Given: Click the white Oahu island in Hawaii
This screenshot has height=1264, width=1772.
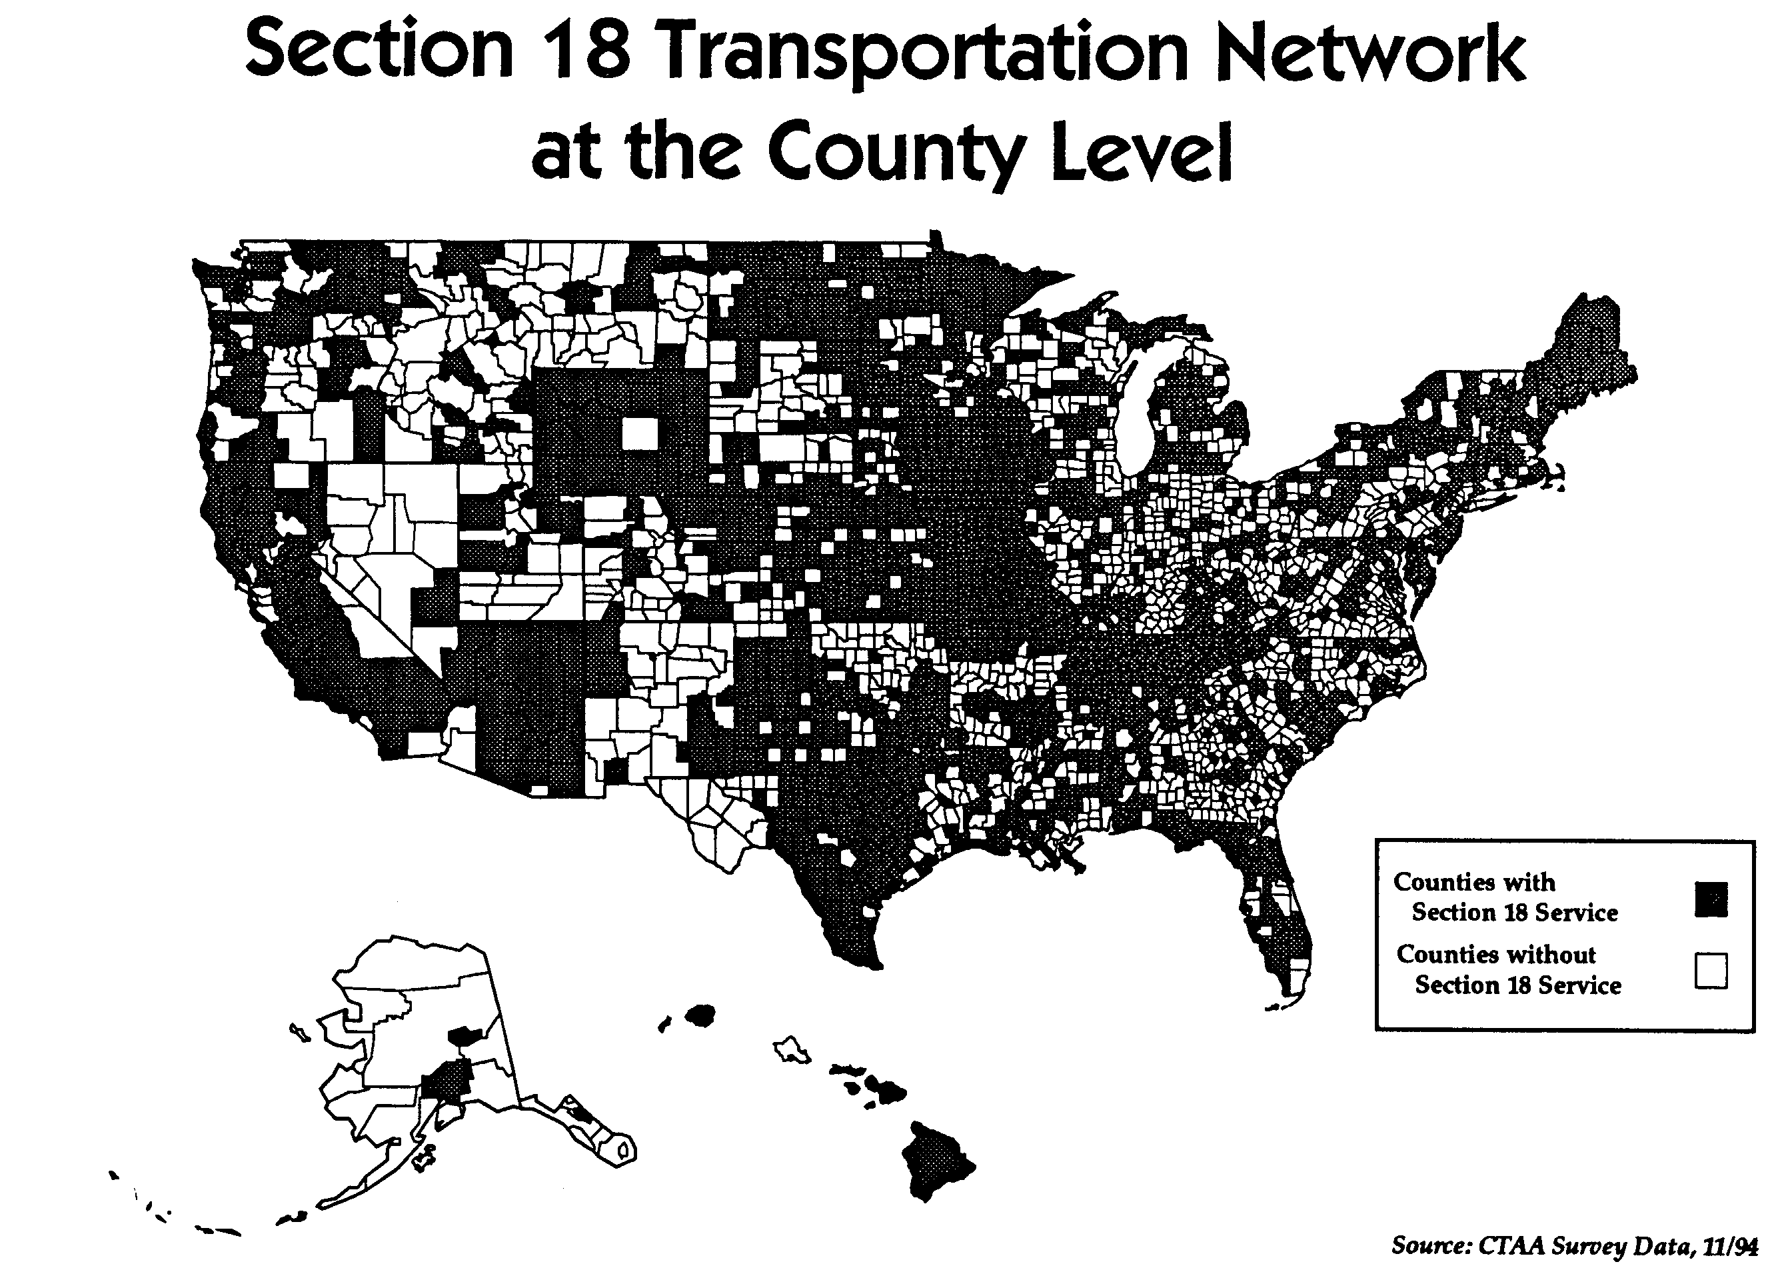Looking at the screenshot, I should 792,1049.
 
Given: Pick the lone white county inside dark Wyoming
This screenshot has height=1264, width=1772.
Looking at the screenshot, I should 639,433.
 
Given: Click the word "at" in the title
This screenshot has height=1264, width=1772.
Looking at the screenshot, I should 566,153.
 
